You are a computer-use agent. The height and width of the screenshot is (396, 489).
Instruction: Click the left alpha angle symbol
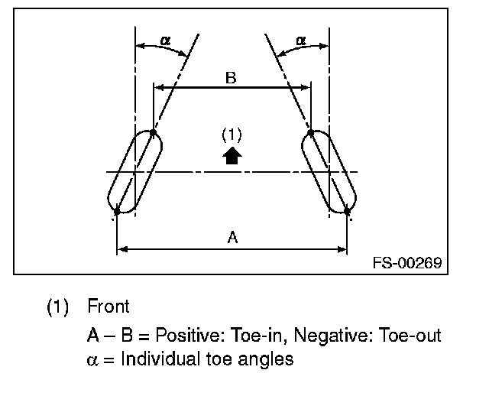[166, 40]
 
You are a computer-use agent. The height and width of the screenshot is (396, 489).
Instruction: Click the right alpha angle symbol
[300, 40]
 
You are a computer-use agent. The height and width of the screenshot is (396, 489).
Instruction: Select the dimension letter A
[232, 238]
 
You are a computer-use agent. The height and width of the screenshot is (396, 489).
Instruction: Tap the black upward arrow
[232, 156]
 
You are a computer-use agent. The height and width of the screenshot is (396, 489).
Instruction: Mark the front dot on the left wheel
[154, 133]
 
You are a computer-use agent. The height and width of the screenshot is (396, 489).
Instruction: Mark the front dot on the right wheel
[310, 133]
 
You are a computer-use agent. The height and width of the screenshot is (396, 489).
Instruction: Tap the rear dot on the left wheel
[117, 211]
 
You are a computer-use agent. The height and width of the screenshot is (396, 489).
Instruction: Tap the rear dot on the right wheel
[348, 210]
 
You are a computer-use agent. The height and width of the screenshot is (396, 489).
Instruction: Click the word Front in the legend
[108, 307]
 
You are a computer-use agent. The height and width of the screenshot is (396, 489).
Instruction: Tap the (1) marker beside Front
[58, 307]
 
